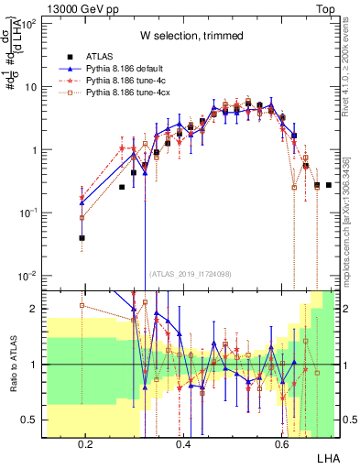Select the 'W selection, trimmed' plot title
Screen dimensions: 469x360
pos(191,36)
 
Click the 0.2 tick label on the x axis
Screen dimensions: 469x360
pos(86,443)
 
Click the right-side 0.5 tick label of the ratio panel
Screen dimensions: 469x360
pos(350,420)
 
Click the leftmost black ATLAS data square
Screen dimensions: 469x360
pos(82,237)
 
